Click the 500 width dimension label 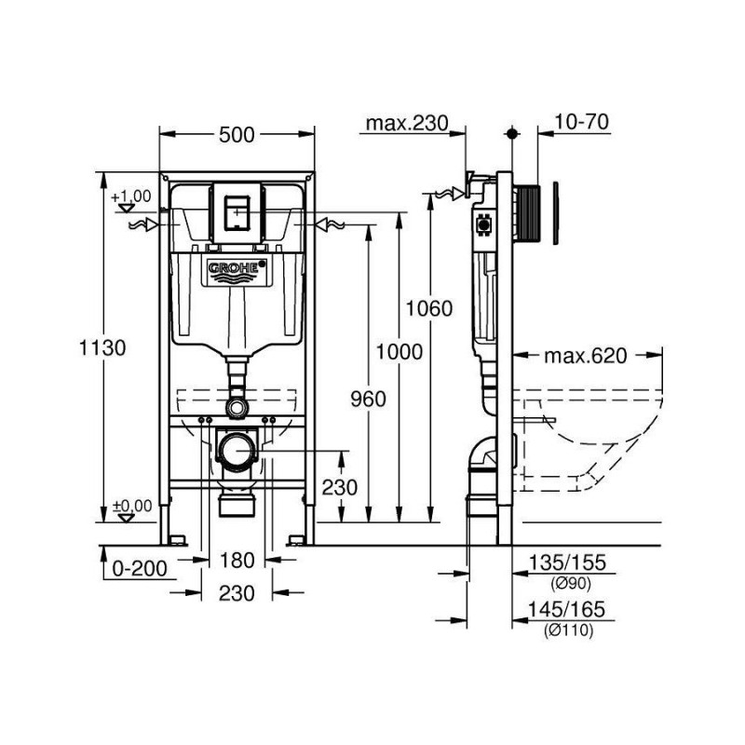(x=237, y=135)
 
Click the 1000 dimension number (x=399, y=351)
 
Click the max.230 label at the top (x=407, y=123)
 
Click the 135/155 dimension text (x=566, y=562)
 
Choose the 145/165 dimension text (x=566, y=610)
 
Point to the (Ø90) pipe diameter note (x=566, y=582)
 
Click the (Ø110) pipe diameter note (x=566, y=630)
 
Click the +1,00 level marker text (x=130, y=196)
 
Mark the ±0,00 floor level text (x=131, y=506)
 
